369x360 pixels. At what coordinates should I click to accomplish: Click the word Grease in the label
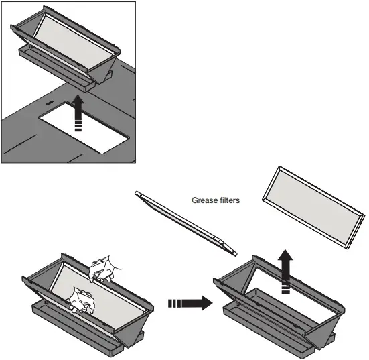pos(206,200)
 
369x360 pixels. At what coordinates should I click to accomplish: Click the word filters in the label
pos(230,200)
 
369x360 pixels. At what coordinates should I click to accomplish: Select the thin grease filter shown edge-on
pos(187,224)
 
